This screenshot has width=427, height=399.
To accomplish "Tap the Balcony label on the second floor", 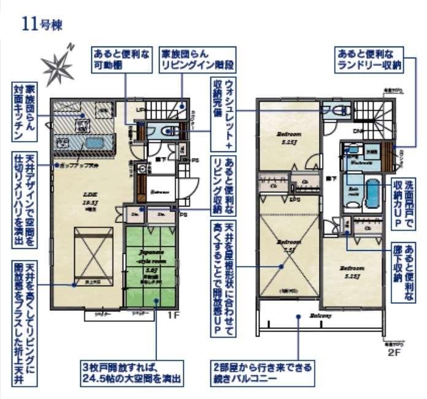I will [x=320, y=316].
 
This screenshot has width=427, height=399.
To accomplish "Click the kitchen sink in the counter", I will [x=94, y=143].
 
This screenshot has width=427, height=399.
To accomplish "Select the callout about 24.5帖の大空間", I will [x=131, y=373].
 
